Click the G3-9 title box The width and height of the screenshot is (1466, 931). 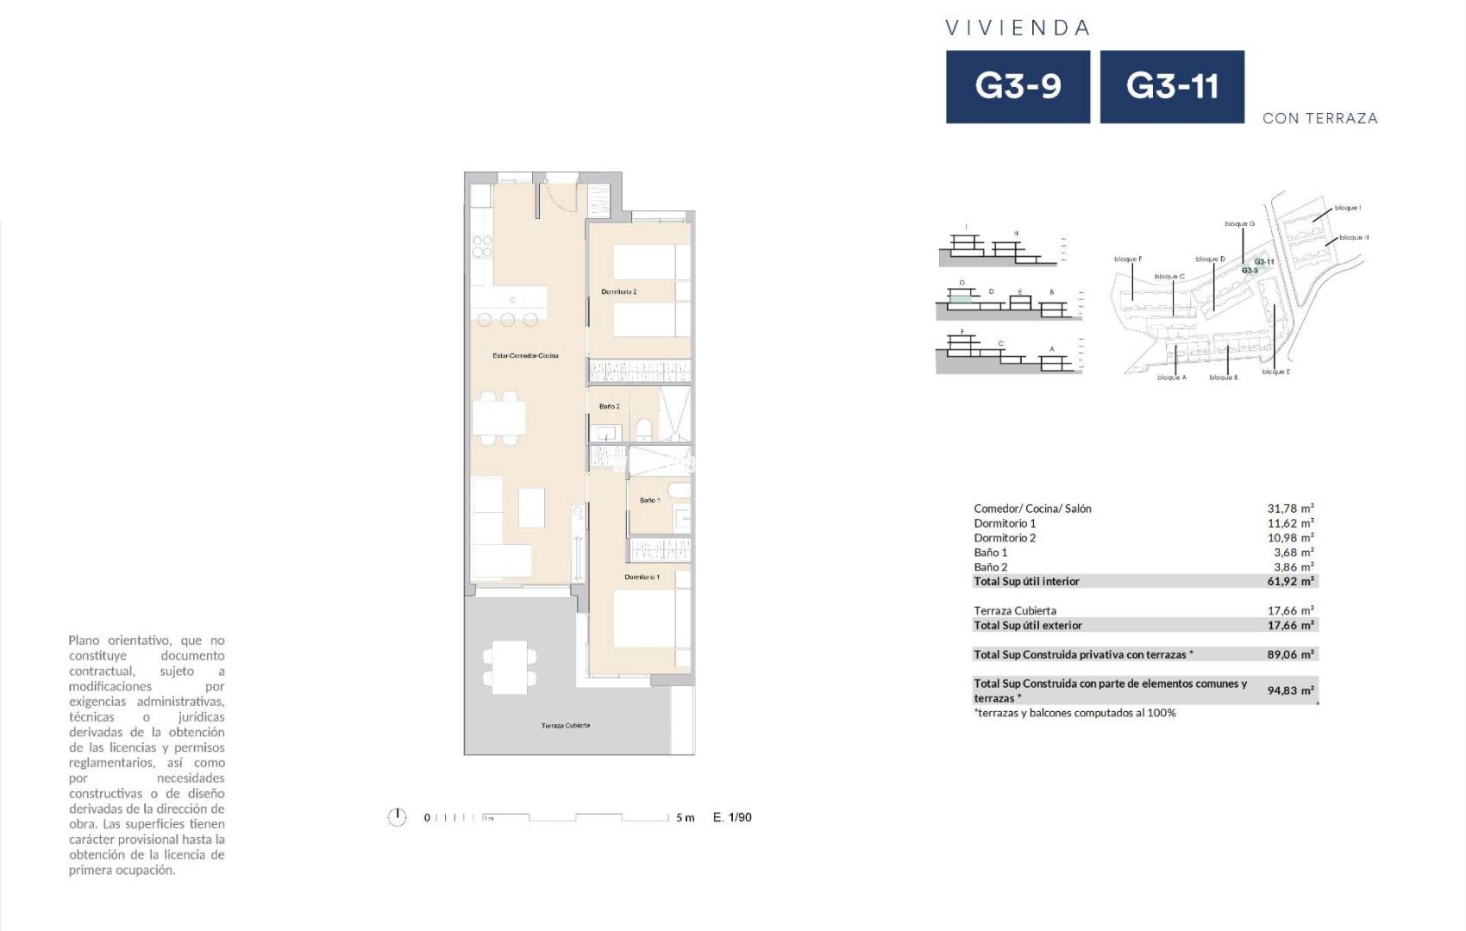pos(1018,86)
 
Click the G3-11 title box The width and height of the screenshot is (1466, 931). pos(1172,86)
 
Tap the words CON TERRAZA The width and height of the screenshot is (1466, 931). pos(1319,119)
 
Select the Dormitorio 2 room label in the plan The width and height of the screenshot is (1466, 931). pos(618,292)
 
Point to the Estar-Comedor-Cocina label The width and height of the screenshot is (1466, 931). pos(525,356)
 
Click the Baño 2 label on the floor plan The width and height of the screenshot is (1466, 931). pos(609,407)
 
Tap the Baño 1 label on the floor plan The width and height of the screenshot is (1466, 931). pos(649,501)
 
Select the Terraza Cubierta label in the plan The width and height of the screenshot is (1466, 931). pos(566,726)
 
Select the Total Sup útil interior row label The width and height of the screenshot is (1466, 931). pos(1026,582)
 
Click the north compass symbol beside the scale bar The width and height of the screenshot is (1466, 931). pos(397,817)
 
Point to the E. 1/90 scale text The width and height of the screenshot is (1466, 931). pos(732,817)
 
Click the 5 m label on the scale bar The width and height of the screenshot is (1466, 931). pos(685,818)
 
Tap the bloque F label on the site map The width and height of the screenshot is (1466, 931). pos(1127,259)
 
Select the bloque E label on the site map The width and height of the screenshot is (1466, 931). pos(1275,372)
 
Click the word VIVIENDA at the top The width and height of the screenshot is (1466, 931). pos(1018,28)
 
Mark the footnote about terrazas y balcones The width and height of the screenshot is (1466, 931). pos(1074,714)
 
